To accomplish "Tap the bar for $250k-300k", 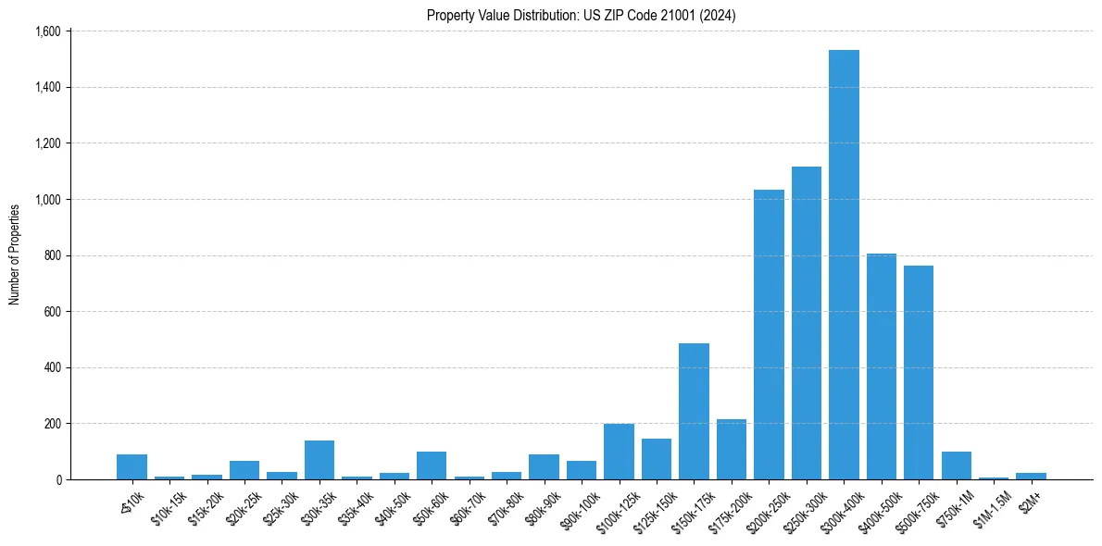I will point(806,323).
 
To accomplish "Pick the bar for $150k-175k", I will point(694,412).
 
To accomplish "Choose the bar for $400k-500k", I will point(881,366).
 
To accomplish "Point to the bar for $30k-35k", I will point(319,460).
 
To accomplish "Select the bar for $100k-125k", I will point(619,452).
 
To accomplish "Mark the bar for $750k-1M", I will point(956,465).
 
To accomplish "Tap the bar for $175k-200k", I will point(731,450).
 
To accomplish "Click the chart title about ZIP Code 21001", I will point(581,16).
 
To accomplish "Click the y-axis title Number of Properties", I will point(15,254).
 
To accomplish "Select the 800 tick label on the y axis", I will point(52,255).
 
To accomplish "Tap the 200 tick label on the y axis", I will point(52,424).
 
